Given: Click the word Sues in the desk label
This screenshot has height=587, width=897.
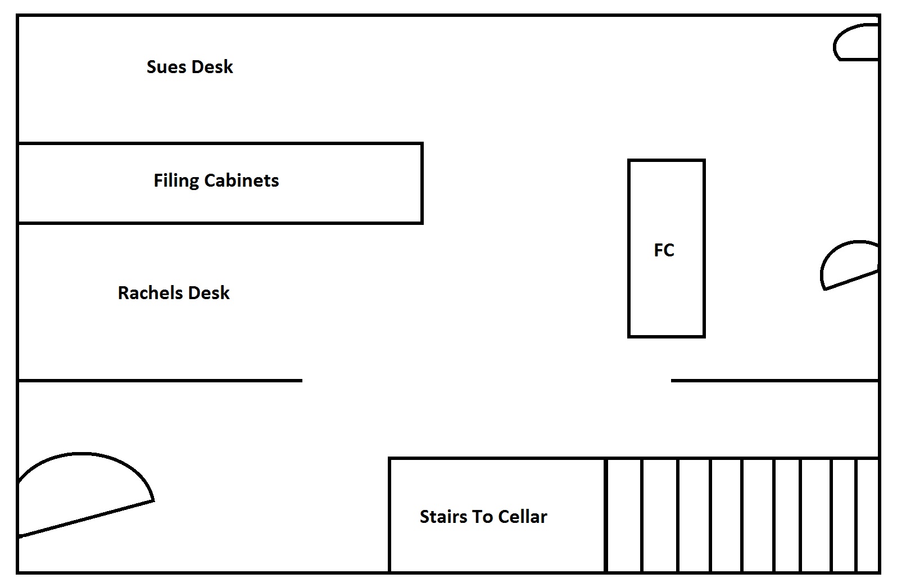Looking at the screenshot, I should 165,67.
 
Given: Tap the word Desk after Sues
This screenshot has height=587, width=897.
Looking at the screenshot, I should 212,67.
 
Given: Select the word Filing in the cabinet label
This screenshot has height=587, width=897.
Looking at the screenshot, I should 176,180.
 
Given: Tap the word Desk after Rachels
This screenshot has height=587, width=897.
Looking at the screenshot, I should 209,293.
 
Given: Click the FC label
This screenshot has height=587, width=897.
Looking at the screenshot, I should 664,250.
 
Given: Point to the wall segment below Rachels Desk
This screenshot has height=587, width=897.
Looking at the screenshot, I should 160,381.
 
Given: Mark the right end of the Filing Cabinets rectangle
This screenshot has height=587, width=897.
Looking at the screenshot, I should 422,183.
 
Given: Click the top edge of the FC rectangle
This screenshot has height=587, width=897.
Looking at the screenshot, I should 666,161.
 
